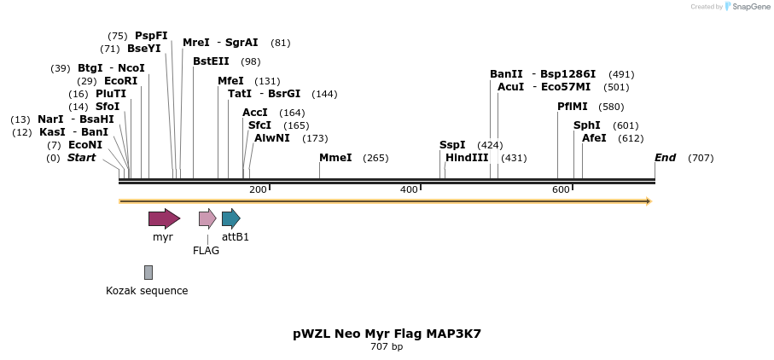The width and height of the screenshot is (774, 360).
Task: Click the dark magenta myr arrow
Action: point(164,218)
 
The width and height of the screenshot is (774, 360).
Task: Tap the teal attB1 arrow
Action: point(230,218)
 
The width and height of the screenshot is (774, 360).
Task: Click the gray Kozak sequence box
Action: point(148,272)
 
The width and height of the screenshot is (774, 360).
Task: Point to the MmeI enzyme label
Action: point(335,158)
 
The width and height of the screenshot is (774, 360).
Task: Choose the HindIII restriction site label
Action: point(467,158)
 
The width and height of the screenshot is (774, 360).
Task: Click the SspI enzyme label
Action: point(452,145)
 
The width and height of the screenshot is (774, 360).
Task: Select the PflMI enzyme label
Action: point(573,107)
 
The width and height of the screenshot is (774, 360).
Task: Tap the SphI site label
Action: point(587,125)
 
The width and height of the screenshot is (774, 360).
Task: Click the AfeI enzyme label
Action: point(594,138)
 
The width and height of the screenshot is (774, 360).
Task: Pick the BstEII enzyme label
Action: point(211,61)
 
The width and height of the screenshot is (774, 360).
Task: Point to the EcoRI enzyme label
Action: point(120,81)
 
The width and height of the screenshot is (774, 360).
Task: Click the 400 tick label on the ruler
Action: point(409,189)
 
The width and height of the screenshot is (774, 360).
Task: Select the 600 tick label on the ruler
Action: point(561,189)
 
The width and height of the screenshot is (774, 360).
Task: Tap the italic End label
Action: point(665,158)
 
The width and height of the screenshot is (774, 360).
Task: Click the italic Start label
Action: point(82,158)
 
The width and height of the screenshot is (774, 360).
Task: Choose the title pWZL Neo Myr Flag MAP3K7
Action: point(387,334)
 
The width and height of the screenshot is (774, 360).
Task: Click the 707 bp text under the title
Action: point(387,347)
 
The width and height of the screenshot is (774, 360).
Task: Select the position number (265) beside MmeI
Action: point(375,158)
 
